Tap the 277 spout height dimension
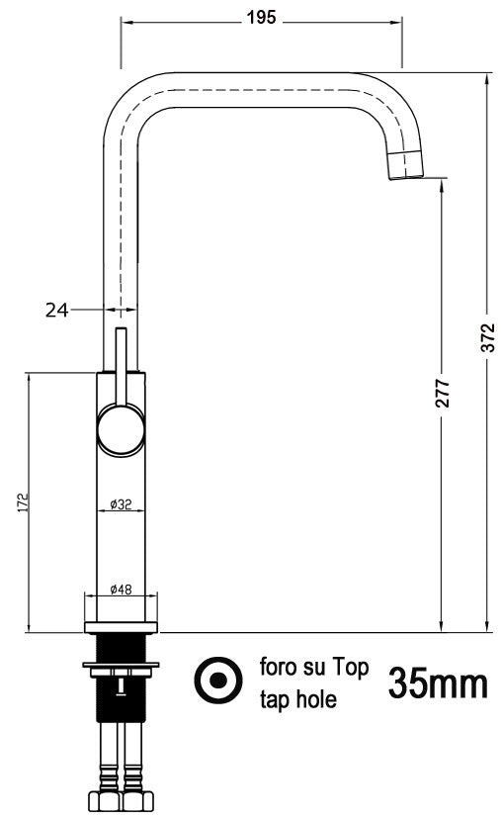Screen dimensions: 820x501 click(x=442, y=393)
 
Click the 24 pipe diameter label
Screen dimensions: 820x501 click(x=56, y=310)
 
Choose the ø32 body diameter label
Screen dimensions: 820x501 click(x=121, y=504)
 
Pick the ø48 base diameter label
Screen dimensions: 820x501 click(x=121, y=590)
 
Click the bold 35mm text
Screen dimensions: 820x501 click(x=438, y=683)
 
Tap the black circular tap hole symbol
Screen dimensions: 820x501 click(x=218, y=681)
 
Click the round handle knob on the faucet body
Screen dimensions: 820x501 click(x=120, y=431)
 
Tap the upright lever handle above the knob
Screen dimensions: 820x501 click(x=121, y=366)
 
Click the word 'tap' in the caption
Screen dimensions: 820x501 click(x=275, y=700)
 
